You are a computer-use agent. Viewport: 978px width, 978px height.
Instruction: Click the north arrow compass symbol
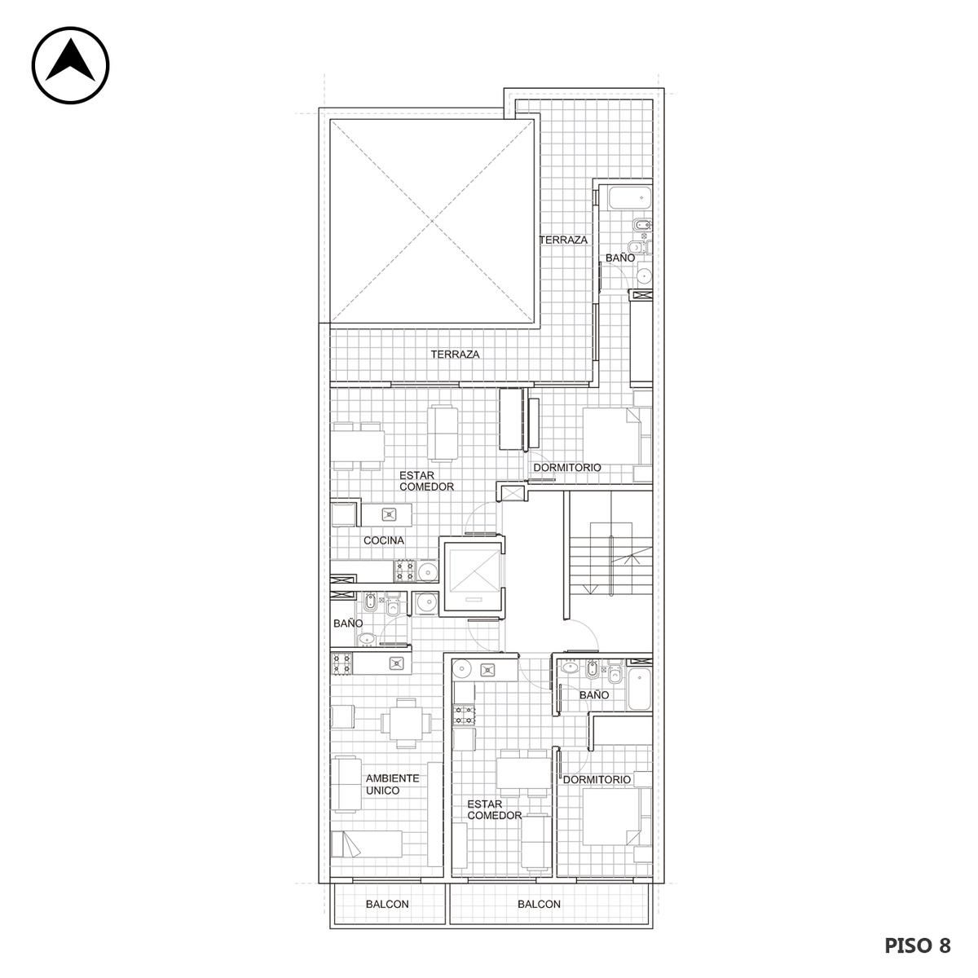click(x=71, y=65)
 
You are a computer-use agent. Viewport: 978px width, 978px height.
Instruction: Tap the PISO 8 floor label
click(x=917, y=945)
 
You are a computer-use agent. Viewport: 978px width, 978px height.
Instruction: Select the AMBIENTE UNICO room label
click(x=392, y=784)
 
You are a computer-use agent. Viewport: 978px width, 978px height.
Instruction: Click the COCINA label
click(x=384, y=540)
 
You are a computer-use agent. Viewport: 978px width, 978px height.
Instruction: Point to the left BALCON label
click(x=387, y=904)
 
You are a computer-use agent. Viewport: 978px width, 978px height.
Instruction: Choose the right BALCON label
click(x=539, y=904)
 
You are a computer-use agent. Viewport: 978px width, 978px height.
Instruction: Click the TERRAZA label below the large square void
click(x=456, y=355)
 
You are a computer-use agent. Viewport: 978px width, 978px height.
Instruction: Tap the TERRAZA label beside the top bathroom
click(x=563, y=240)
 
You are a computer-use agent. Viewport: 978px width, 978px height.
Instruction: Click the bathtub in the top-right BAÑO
click(x=629, y=198)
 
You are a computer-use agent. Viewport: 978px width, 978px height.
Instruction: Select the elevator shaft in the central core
click(x=472, y=576)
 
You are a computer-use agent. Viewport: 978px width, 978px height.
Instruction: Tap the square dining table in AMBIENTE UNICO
click(x=406, y=723)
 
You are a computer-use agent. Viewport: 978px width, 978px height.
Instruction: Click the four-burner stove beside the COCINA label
click(x=406, y=570)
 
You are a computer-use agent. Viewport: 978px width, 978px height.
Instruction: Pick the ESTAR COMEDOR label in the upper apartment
click(x=426, y=481)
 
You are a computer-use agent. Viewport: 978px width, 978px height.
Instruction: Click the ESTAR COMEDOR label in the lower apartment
click(x=495, y=810)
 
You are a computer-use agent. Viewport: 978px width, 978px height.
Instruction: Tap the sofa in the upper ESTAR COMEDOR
click(x=443, y=433)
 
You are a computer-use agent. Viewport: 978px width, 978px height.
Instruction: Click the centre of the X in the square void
click(x=432, y=222)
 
